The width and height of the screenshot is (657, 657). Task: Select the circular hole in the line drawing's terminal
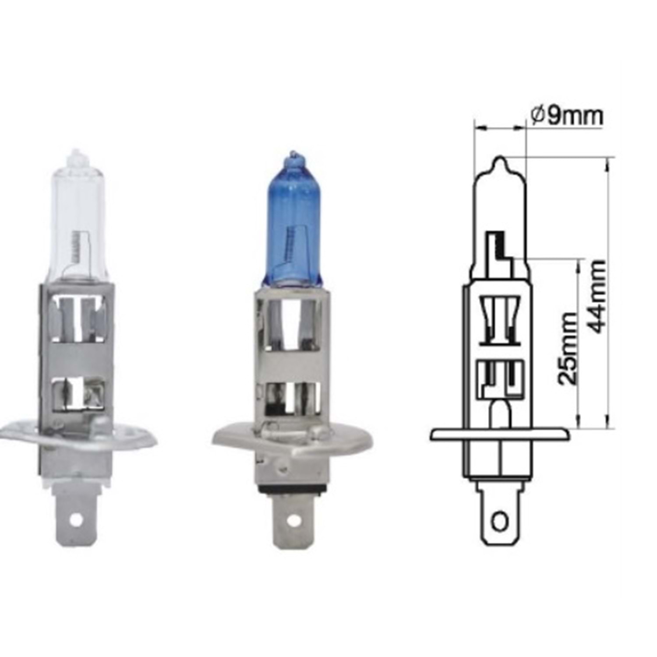pos(500,522)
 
